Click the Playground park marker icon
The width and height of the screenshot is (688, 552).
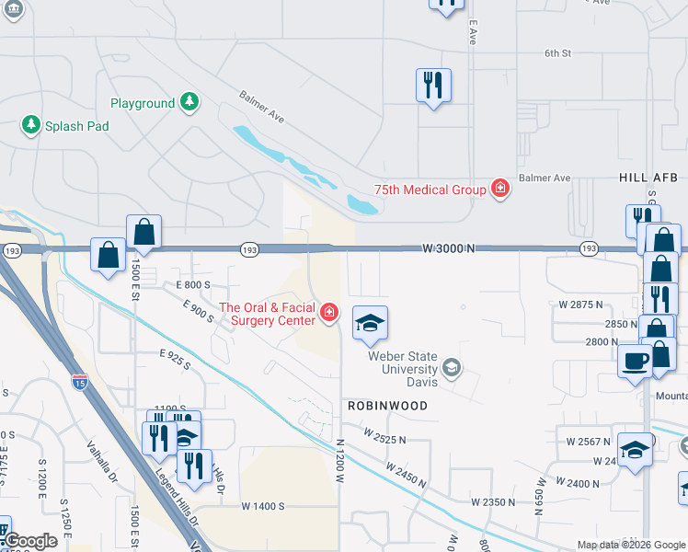tap(189, 100)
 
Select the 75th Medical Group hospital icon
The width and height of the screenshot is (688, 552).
tap(499, 189)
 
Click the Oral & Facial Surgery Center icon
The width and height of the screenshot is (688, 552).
tap(328, 313)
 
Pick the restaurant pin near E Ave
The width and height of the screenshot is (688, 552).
tap(432, 86)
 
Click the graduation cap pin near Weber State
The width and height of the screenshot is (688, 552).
tap(370, 323)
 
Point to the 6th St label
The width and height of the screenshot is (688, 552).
tap(557, 53)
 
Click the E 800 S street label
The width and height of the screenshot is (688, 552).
tap(194, 285)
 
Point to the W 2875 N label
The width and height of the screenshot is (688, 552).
tap(580, 304)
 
